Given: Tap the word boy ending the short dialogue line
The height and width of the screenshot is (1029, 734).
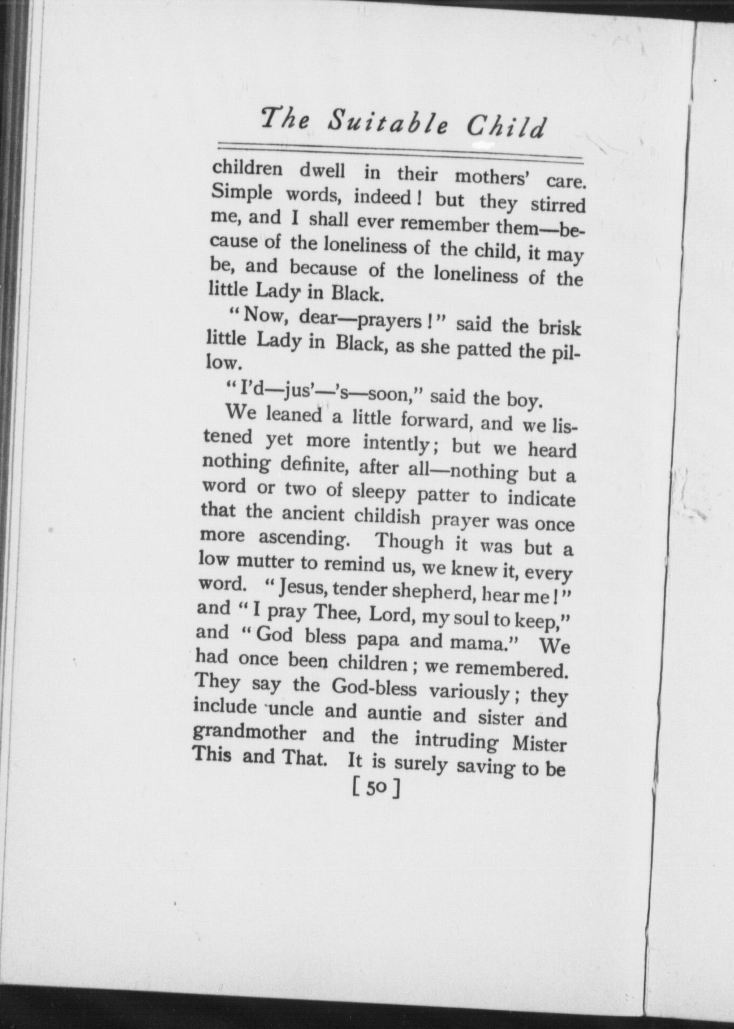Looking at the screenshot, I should click(x=525, y=399).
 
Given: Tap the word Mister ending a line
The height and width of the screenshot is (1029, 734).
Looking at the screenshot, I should click(x=539, y=744).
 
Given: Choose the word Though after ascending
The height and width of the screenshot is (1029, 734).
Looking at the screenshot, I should click(x=410, y=541).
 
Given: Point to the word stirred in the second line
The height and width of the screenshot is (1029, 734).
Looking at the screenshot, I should click(x=558, y=204).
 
